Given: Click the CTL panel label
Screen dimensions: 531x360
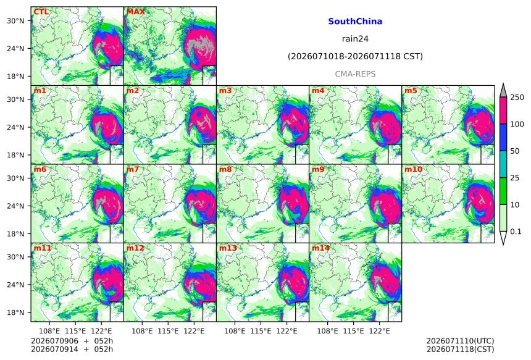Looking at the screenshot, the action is [x=41, y=12].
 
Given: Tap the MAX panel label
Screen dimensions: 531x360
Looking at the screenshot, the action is [x=135, y=12].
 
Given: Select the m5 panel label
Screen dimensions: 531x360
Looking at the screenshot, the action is [x=411, y=91].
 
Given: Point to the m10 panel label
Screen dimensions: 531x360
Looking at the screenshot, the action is [x=413, y=169].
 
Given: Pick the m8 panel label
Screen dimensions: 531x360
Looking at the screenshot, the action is [x=225, y=169].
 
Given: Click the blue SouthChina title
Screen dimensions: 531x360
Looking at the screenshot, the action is [x=355, y=22].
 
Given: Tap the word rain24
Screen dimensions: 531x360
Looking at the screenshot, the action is [x=355, y=39].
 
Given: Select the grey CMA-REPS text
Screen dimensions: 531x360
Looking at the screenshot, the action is [x=355, y=74].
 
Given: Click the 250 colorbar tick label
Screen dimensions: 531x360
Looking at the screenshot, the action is [x=517, y=98].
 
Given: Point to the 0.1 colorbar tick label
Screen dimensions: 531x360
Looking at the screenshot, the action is [x=516, y=232].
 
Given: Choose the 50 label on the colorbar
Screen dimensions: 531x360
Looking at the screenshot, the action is [x=515, y=151].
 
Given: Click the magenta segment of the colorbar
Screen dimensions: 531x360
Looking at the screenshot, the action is [x=503, y=111].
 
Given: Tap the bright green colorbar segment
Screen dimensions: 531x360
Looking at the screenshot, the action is [x=503, y=191].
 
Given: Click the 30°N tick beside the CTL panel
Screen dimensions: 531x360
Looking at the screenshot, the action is [x=15, y=21].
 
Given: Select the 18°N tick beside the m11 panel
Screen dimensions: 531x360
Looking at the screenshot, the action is [x=15, y=312].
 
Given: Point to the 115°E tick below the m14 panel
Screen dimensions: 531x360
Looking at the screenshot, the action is [x=354, y=330].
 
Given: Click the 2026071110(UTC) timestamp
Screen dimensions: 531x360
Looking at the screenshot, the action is [x=460, y=341].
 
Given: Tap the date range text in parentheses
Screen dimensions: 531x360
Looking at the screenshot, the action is [x=355, y=56].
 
